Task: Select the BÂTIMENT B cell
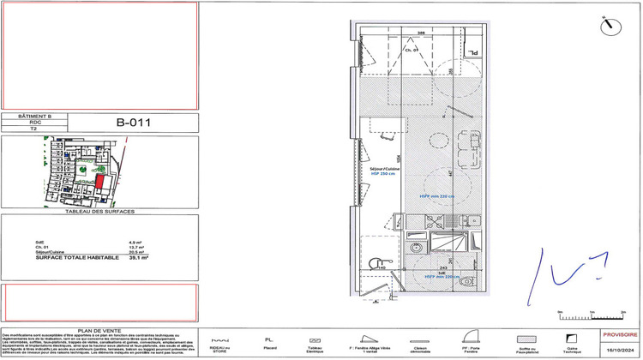38,115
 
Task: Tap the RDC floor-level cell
38,123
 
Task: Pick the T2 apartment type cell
38,130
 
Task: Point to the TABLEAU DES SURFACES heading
100,210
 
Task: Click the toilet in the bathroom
467,280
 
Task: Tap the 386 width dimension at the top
421,33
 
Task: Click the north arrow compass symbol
610,23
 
